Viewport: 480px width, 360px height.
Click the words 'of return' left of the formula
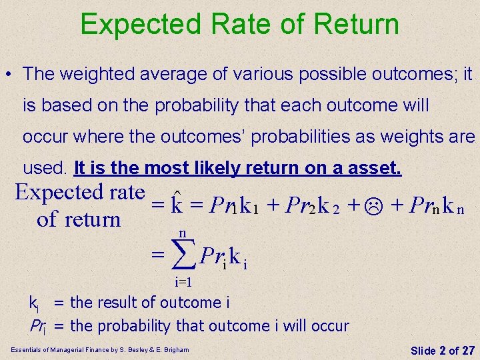coord(79,219)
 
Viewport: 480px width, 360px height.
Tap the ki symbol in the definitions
coord(35,304)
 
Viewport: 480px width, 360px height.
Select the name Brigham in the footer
coord(173,349)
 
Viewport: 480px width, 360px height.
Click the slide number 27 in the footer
coord(464,350)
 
